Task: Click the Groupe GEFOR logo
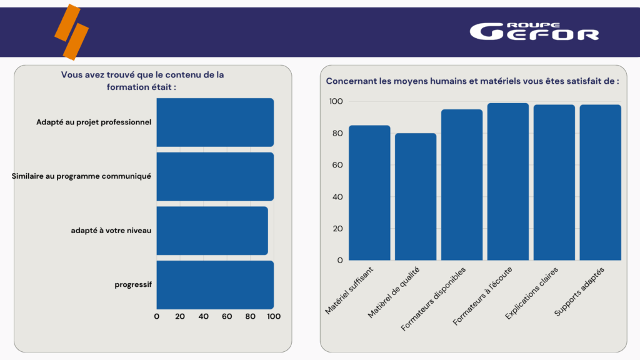tap(534, 31)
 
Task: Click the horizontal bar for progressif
tap(215, 285)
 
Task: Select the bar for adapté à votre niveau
tap(212, 231)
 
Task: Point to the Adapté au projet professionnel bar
tap(215, 122)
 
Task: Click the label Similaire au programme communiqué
tap(81, 176)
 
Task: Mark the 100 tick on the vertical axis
tap(335, 102)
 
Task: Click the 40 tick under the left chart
tap(203, 316)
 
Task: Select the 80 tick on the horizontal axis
tap(250, 316)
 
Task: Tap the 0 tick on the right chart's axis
tap(339, 260)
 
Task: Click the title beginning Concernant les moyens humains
tap(472, 81)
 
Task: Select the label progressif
tap(133, 285)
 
